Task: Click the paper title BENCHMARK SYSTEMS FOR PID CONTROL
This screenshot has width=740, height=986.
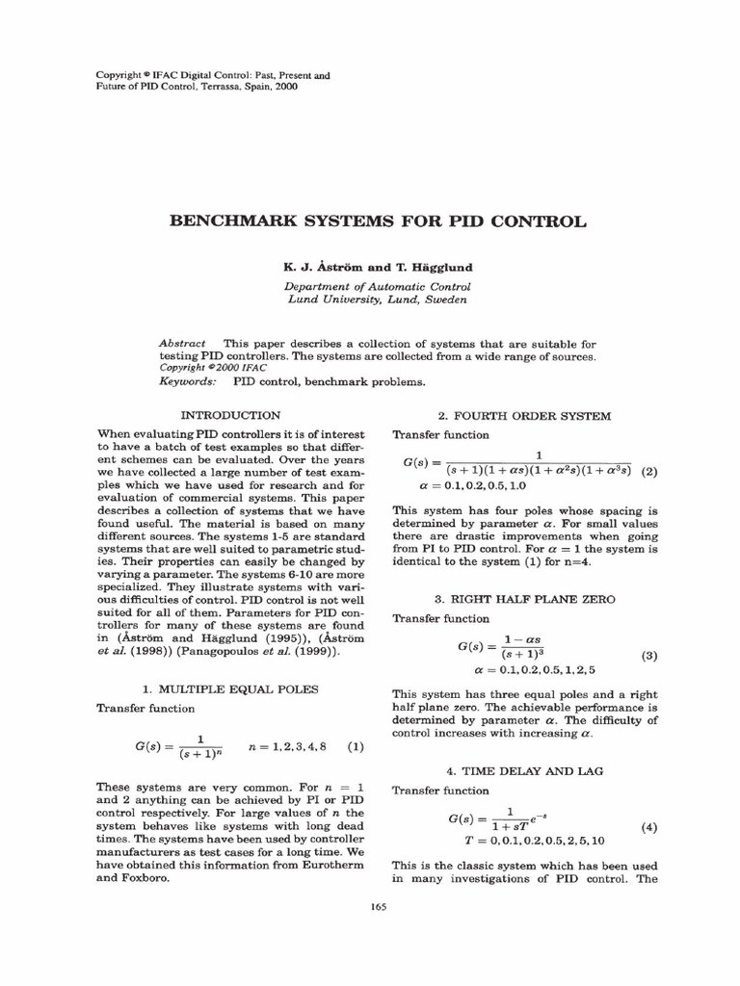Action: pyautogui.click(x=378, y=221)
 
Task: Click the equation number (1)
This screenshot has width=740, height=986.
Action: pyautogui.click(x=355, y=746)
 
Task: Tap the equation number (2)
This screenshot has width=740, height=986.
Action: pyautogui.click(x=648, y=472)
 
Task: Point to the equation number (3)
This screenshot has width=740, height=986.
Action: pyautogui.click(x=648, y=656)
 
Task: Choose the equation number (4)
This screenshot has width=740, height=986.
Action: pyautogui.click(x=648, y=827)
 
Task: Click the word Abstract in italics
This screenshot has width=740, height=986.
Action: pyautogui.click(x=182, y=344)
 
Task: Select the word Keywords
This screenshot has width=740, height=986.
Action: pyautogui.click(x=187, y=382)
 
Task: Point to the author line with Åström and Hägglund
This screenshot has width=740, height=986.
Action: pyautogui.click(x=378, y=267)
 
